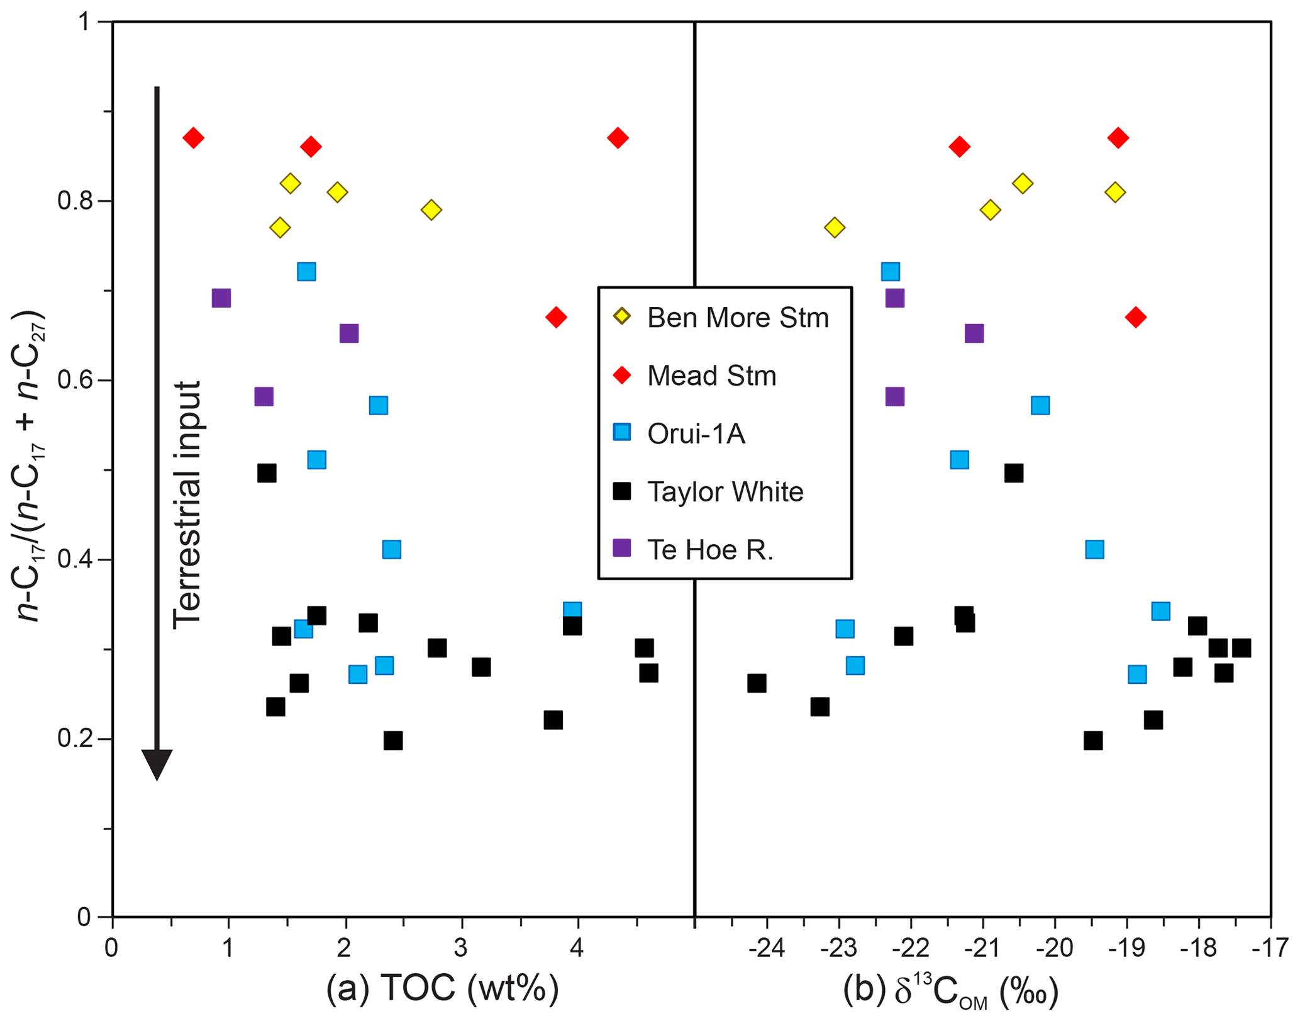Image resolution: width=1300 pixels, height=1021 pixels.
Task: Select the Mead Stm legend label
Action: coord(711,376)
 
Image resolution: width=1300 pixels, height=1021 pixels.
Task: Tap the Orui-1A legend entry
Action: coord(696,433)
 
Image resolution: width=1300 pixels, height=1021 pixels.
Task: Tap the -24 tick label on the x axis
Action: coord(767,948)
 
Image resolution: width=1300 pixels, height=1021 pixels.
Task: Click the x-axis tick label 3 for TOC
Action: coord(461,948)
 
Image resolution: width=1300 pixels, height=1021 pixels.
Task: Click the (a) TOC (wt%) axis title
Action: coord(442,988)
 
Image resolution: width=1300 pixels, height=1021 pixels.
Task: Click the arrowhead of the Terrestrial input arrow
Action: coord(157,764)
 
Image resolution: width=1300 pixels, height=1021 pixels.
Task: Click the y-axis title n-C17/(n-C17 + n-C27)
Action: coord(30,466)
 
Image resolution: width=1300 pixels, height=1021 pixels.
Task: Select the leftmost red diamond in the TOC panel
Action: coord(194,138)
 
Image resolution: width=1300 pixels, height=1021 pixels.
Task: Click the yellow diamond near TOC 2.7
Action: coord(431,209)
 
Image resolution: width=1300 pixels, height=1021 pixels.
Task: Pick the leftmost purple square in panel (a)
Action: coord(221,298)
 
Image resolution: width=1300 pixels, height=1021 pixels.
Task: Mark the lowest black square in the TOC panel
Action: coord(393,740)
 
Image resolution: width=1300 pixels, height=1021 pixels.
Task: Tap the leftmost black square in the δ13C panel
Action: coord(757,683)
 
